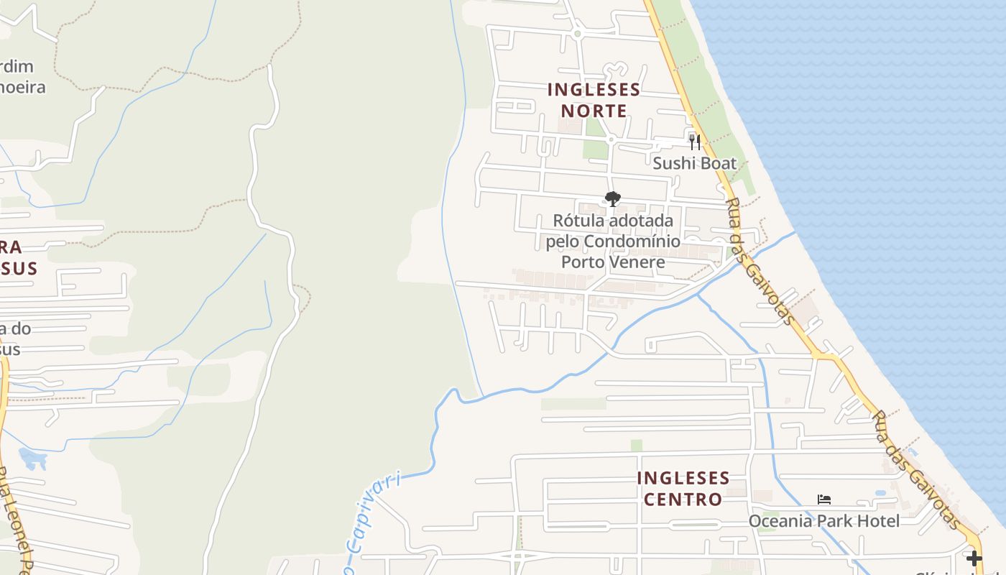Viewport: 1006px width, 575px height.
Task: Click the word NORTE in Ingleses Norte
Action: tap(594, 111)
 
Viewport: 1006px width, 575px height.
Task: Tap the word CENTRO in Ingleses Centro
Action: tap(683, 499)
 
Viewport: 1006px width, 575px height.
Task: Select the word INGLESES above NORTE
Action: tap(594, 90)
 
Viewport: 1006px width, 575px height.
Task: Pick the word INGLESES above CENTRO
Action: tap(683, 478)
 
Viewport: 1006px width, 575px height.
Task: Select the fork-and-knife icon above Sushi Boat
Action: tap(694, 142)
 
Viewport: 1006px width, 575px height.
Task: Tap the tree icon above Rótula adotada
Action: tap(612, 199)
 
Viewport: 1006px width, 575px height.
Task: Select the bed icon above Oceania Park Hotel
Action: tap(824, 500)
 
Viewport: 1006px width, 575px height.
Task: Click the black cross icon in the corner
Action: tap(974, 558)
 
